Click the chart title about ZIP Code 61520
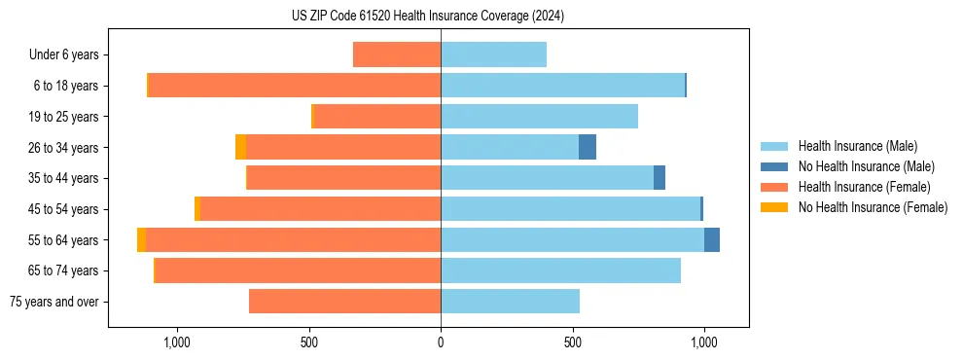(428, 17)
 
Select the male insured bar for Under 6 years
(493, 54)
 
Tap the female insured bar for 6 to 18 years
(294, 86)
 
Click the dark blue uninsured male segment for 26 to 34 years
(588, 147)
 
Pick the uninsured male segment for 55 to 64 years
(712, 239)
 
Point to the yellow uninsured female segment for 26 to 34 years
(240, 147)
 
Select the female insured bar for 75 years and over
(344, 302)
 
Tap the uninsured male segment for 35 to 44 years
(660, 178)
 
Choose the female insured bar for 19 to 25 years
(377, 117)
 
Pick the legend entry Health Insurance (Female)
(864, 187)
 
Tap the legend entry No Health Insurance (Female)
(872, 207)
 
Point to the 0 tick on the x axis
(441, 342)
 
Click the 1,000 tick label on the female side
(177, 342)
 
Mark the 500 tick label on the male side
(572, 342)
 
